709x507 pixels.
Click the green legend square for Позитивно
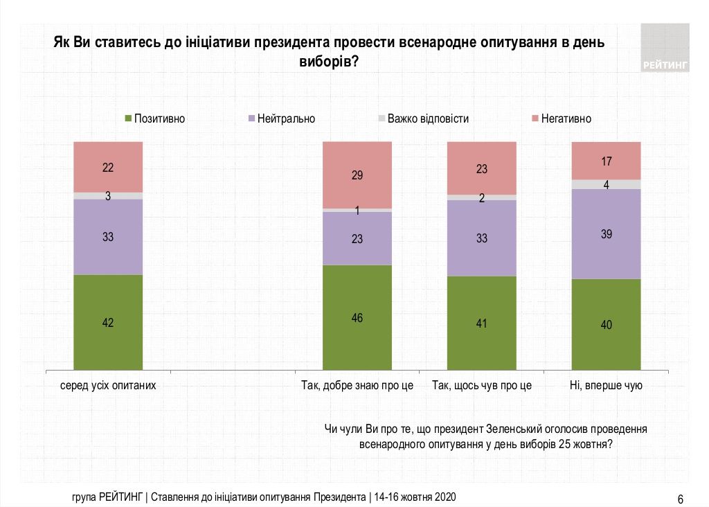(128, 118)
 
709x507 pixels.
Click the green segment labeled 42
(108, 322)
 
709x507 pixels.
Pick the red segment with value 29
(357, 175)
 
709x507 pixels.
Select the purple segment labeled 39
(606, 234)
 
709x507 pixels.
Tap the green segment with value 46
(357, 318)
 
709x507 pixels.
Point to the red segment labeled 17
(606, 161)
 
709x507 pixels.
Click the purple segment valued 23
(357, 238)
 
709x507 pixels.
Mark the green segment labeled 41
(482, 323)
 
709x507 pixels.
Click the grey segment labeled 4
(606, 184)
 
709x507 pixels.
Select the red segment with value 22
(108, 167)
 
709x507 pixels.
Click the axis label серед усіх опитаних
(108, 386)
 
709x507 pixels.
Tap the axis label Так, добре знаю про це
(357, 386)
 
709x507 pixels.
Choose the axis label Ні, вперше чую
(606, 386)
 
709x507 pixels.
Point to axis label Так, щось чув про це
(482, 386)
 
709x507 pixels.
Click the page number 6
(680, 499)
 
